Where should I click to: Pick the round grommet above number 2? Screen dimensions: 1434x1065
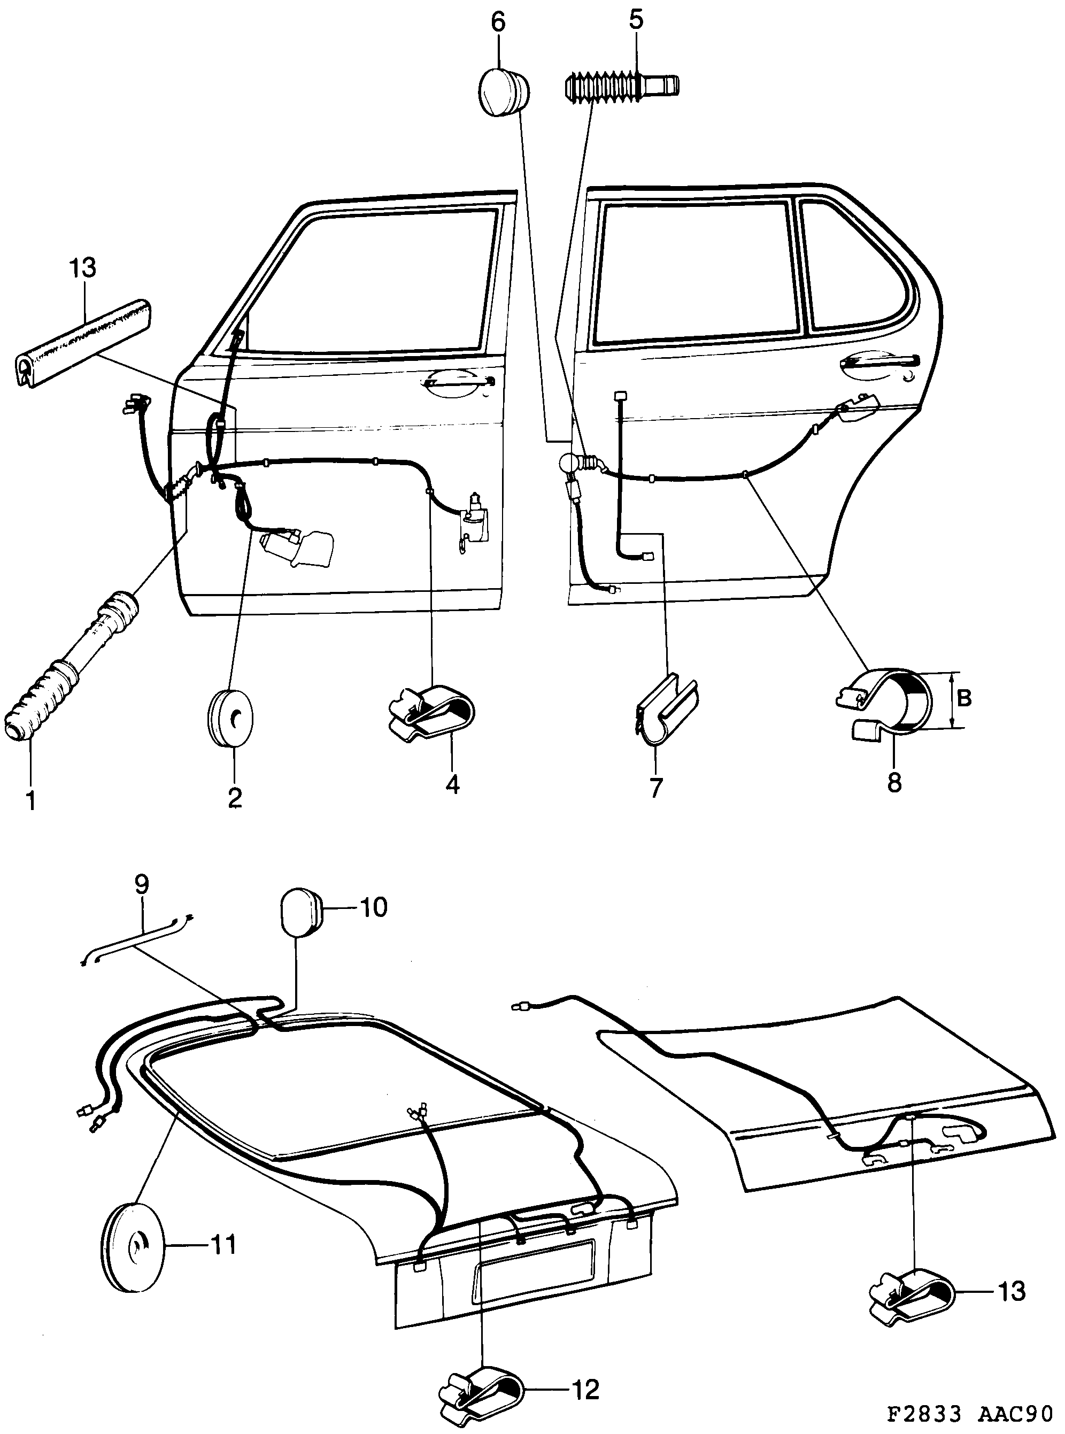230,717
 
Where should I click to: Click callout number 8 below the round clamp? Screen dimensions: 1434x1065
894,783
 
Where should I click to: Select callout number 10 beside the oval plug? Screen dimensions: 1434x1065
373,907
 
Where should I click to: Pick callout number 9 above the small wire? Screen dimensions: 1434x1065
141,883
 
